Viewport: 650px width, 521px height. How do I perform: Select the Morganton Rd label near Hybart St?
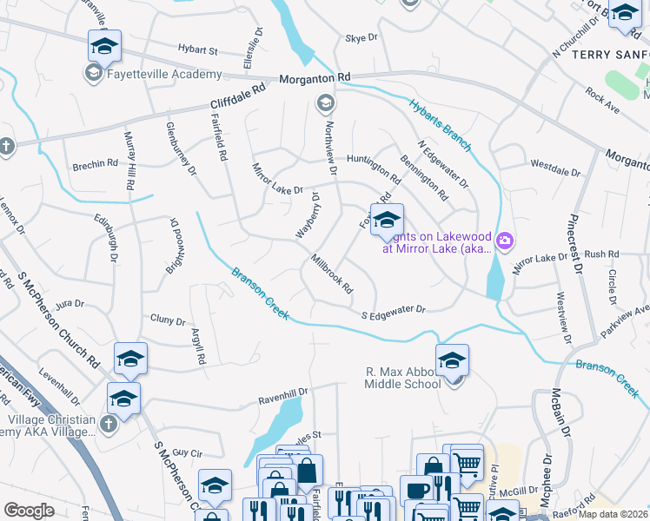(315, 78)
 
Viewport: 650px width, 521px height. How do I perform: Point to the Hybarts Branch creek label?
(438, 122)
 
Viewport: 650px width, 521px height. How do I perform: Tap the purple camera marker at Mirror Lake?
(506, 240)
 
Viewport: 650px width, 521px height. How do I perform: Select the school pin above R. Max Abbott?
(452, 359)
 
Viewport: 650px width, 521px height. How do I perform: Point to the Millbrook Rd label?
(332, 273)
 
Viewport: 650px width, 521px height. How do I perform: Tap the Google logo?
(29, 511)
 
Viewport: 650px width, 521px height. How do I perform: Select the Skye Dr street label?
(361, 38)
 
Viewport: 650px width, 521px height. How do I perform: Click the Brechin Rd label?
(95, 164)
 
